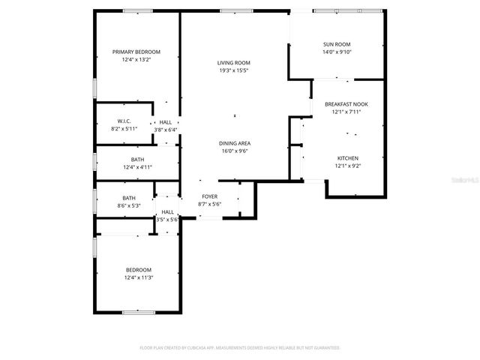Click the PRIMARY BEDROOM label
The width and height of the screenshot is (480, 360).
(x=136, y=52)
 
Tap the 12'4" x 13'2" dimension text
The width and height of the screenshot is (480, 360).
(x=136, y=59)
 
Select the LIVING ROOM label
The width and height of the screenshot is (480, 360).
(x=233, y=63)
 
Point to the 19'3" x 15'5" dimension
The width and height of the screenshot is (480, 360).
(x=233, y=70)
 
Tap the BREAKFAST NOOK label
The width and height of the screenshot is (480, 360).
(x=346, y=104)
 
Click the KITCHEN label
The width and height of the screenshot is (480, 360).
(x=347, y=158)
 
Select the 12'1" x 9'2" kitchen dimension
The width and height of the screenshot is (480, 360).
(x=347, y=166)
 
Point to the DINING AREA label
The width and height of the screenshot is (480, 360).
(x=234, y=143)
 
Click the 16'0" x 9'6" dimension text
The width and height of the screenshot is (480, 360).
(x=234, y=151)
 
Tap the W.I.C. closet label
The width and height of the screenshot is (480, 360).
(x=124, y=121)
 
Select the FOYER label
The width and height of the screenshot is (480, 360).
(x=209, y=196)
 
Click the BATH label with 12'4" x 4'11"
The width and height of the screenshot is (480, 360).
(x=137, y=159)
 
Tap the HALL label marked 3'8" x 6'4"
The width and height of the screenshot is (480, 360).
(x=166, y=122)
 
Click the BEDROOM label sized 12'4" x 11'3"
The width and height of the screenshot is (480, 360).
(x=138, y=270)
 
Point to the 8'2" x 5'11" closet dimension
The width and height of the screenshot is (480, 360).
(x=124, y=129)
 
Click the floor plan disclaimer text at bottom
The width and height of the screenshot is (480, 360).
(x=240, y=348)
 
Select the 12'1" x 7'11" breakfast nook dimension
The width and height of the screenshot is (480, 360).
(x=346, y=112)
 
